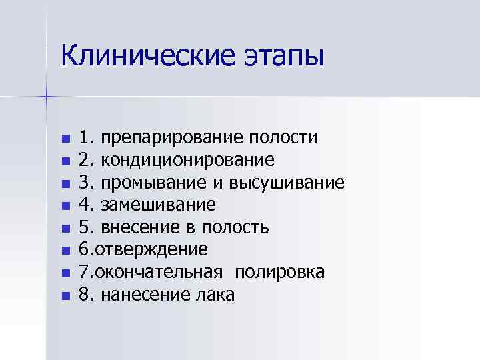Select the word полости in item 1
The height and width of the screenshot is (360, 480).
[x=283, y=138]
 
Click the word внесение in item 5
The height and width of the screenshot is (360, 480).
[x=137, y=228]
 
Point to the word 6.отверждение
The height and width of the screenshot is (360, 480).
[x=143, y=250]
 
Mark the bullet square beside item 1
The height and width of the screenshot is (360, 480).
[x=65, y=139]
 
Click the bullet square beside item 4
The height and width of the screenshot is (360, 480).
[x=65, y=206]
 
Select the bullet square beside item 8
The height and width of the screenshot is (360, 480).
[x=65, y=295]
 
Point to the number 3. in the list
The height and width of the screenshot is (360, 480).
[x=86, y=183]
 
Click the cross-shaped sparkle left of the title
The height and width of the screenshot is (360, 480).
[x=47, y=97]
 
